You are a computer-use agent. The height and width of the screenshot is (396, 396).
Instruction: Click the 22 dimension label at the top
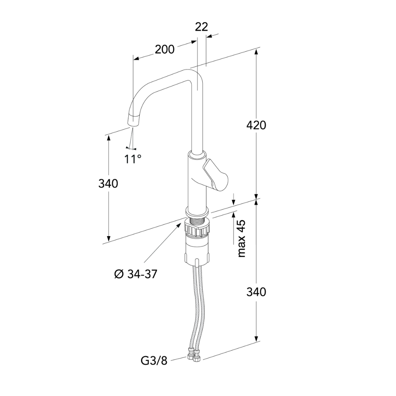click(x=201, y=27)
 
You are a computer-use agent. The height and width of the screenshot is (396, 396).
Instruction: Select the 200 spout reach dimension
click(x=164, y=49)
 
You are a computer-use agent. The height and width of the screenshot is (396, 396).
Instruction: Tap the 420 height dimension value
click(x=256, y=125)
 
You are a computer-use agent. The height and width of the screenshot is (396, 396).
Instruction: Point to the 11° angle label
click(x=133, y=159)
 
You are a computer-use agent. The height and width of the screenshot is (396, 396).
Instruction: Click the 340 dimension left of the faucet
click(x=108, y=184)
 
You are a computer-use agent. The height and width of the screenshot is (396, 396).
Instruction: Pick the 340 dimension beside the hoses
click(x=256, y=292)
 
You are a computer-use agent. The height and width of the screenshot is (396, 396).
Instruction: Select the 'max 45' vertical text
click(x=241, y=238)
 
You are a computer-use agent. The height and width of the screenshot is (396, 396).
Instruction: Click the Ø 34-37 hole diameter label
click(x=136, y=274)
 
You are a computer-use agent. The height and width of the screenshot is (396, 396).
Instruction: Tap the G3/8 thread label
click(x=154, y=361)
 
